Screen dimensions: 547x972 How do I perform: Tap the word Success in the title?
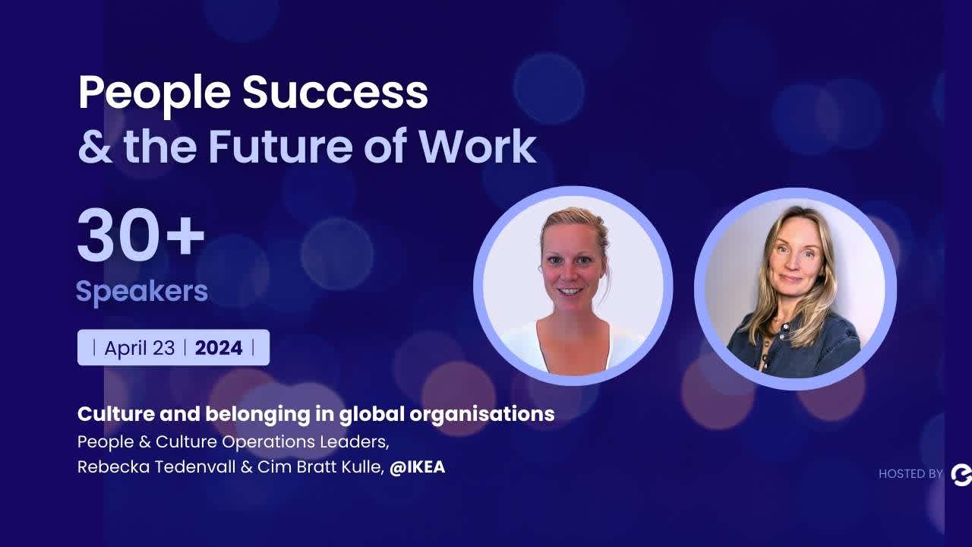point(335,92)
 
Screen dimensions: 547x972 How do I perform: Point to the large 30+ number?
point(141,236)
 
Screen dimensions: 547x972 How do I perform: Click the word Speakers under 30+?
point(142,291)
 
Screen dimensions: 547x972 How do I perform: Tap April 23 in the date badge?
point(140,348)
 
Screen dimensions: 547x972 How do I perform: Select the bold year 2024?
point(219,348)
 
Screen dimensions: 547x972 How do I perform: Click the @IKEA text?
point(417,466)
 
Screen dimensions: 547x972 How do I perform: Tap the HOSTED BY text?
point(910,474)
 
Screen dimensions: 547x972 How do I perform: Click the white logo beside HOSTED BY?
point(961,475)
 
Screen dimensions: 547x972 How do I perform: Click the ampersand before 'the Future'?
point(95,147)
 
